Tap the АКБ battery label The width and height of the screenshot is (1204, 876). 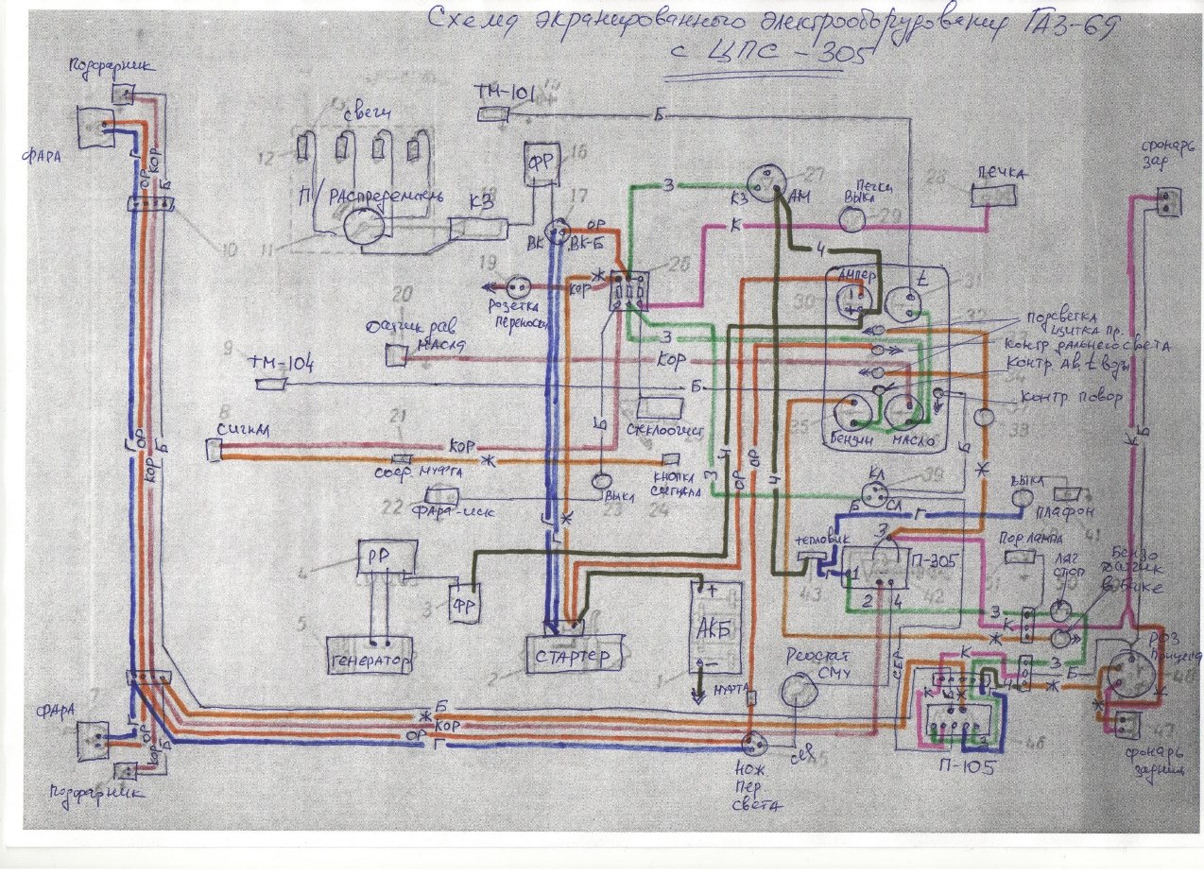pyautogui.click(x=714, y=631)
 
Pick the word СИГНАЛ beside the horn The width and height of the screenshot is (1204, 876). pyautogui.click(x=243, y=431)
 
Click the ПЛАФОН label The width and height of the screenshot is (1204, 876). pyautogui.click(x=1072, y=510)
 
